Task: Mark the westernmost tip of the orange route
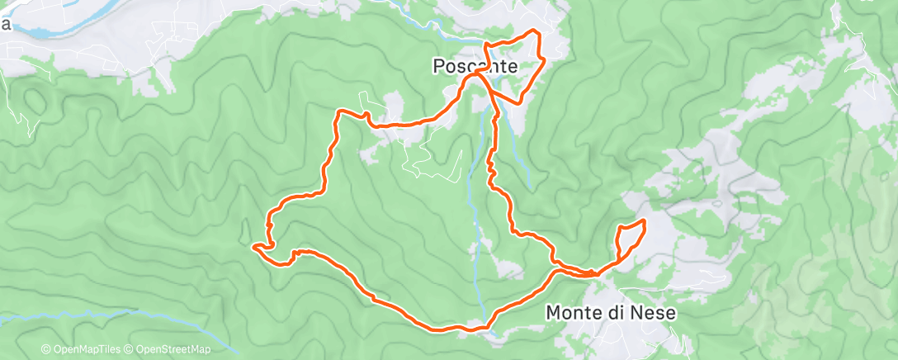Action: coord(253,245)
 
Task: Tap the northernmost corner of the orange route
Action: coord(537,31)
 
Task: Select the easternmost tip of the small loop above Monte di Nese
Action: coord(644,223)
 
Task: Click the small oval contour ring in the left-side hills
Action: coord(33,100)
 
